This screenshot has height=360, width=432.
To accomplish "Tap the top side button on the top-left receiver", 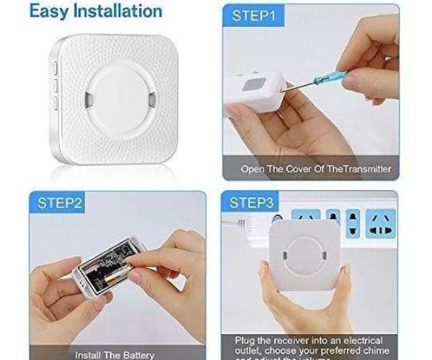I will coord(55,70).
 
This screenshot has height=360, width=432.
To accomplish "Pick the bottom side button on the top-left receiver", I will coord(55,105).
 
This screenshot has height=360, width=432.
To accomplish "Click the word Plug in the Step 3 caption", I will coord(245,339).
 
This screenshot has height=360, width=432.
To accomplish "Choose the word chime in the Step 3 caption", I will coord(382,349).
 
